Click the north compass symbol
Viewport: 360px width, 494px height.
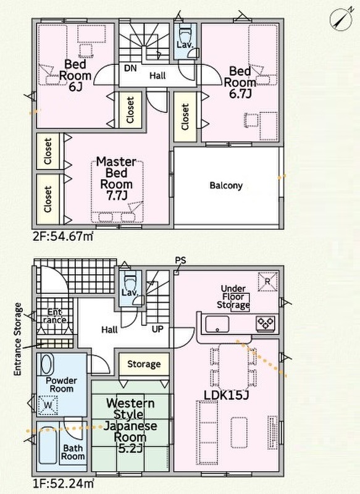pyautogui.click(x=341, y=20)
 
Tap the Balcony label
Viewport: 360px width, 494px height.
pyautogui.click(x=226, y=185)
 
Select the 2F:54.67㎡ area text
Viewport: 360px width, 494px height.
pyautogui.click(x=63, y=236)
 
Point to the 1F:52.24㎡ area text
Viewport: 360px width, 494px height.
pyautogui.click(x=63, y=483)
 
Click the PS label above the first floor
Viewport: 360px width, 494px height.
pyautogui.click(x=180, y=261)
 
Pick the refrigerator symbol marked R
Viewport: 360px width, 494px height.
pyautogui.click(x=268, y=282)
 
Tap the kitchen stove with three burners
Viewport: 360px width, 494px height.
pyautogui.click(x=266, y=323)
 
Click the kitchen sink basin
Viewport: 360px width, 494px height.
pyautogui.click(x=217, y=324)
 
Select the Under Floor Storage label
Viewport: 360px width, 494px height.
pyautogui.click(x=233, y=297)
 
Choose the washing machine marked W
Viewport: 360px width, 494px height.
pyautogui.click(x=48, y=405)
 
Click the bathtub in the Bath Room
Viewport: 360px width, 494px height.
pyautogui.click(x=48, y=445)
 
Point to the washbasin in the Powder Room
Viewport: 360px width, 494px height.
pyautogui.click(x=46, y=365)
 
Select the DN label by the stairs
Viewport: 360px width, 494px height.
pyautogui.click(x=130, y=68)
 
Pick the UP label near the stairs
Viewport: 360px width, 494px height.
pyautogui.click(x=157, y=329)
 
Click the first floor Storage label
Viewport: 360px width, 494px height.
pyautogui.click(x=144, y=364)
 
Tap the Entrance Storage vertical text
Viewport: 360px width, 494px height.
pyautogui.click(x=18, y=339)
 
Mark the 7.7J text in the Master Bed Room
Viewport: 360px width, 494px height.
pyautogui.click(x=116, y=195)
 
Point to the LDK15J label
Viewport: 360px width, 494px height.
pyautogui.click(x=226, y=395)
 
